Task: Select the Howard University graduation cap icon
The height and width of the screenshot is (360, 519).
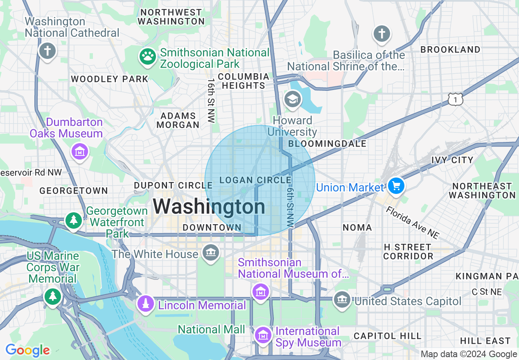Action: point(292,99)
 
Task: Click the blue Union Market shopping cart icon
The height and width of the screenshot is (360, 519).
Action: point(396,186)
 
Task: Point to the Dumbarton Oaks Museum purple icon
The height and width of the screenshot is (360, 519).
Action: point(80,152)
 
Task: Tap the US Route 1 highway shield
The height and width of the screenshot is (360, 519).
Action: point(455,99)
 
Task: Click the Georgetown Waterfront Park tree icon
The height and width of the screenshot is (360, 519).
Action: point(74,220)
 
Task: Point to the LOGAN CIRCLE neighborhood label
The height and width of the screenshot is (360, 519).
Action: point(255,180)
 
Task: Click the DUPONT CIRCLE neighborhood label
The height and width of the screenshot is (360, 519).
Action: point(173,186)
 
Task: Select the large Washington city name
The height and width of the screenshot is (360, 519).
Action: point(209,207)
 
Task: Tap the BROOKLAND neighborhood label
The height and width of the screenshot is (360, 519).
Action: point(450,49)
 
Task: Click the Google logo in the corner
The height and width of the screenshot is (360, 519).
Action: point(27,350)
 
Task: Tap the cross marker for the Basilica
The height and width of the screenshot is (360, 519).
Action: point(382,34)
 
